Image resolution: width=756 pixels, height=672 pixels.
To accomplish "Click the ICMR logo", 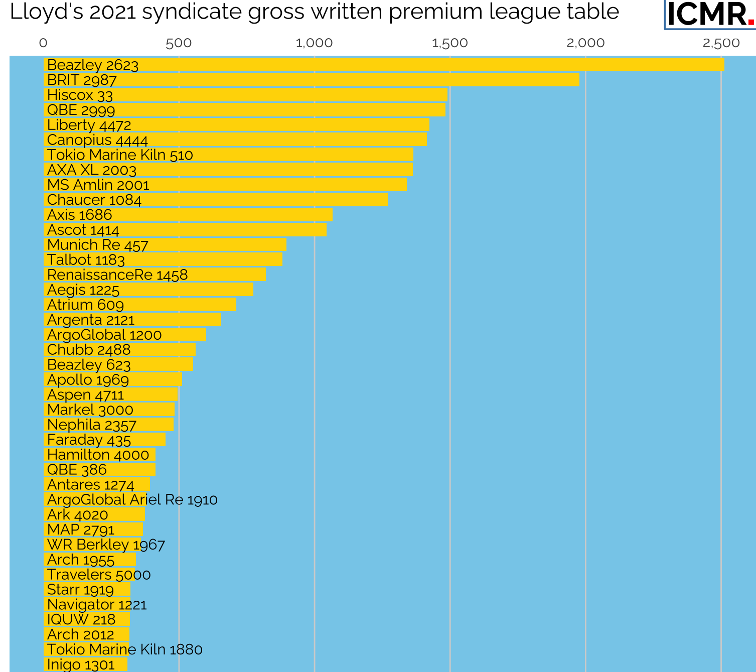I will pyautogui.click(x=710, y=14).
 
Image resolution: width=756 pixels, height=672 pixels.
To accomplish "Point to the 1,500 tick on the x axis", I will pyautogui.click(x=449, y=43).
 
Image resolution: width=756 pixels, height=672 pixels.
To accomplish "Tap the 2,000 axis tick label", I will pyautogui.click(x=585, y=43).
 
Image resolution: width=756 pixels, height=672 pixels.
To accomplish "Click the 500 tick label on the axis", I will pyautogui.click(x=179, y=43).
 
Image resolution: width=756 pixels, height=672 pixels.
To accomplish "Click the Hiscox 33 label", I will pyautogui.click(x=80, y=95).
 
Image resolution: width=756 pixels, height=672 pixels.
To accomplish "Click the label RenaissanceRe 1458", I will pyautogui.click(x=117, y=275).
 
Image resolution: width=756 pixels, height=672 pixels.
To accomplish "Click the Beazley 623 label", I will pyautogui.click(x=89, y=365).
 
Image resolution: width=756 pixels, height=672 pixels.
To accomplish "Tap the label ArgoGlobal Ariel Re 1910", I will pyautogui.click(x=132, y=499).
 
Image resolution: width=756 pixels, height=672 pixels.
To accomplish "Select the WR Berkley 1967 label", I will pyautogui.click(x=106, y=545).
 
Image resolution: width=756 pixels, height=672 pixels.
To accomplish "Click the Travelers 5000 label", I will pyautogui.click(x=99, y=575).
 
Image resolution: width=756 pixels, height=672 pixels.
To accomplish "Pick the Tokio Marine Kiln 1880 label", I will pyautogui.click(x=125, y=649).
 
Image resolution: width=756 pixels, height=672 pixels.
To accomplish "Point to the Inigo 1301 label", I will pyautogui.click(x=81, y=664).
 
